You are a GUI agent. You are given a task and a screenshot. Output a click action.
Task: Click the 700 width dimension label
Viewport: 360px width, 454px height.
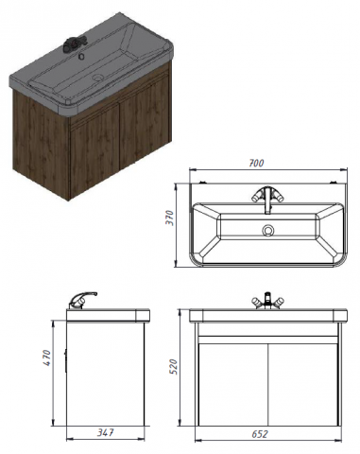[256, 163]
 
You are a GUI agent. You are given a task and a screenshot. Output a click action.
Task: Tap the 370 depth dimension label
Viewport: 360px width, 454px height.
[169, 218]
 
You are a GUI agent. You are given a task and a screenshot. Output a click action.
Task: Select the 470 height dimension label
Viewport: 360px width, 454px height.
[46, 358]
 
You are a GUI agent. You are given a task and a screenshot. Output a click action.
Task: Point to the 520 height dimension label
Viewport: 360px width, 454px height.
[174, 366]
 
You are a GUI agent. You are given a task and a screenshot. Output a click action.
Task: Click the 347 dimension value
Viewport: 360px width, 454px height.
[105, 432]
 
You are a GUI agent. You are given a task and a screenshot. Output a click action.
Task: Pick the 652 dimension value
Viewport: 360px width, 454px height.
[260, 434]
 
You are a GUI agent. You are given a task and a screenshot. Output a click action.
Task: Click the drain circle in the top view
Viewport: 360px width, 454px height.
[268, 230]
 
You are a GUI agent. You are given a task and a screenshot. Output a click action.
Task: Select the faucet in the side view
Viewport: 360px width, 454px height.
[82, 300]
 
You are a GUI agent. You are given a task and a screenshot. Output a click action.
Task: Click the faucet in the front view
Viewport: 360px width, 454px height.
[267, 301]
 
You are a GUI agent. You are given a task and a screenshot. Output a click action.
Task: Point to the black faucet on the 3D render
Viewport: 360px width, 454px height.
[75, 44]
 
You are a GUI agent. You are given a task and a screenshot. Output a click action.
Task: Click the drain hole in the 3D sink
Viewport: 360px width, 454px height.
[98, 78]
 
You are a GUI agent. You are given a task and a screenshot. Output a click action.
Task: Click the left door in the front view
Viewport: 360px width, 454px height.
[233, 384]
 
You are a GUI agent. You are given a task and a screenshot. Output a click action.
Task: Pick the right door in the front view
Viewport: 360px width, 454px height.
[303, 384]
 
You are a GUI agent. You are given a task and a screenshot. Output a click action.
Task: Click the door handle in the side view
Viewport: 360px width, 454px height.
[65, 360]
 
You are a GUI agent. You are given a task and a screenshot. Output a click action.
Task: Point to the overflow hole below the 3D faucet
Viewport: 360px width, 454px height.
[81, 57]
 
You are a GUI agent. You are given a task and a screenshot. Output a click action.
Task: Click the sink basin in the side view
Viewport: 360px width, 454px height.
[108, 316]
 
